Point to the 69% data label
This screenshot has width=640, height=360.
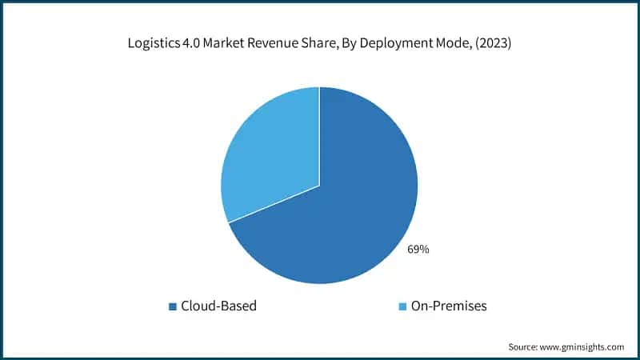[x=418, y=250]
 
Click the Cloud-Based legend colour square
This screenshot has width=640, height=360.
[x=172, y=306]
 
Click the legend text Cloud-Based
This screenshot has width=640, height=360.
[x=219, y=306]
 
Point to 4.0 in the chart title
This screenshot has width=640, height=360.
[x=194, y=44]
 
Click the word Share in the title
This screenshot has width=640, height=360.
[x=325, y=44]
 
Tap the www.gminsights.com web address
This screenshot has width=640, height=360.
[x=584, y=347]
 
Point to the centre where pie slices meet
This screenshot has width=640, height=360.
[x=319, y=186]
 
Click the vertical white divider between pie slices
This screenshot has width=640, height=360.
[x=319, y=136]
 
